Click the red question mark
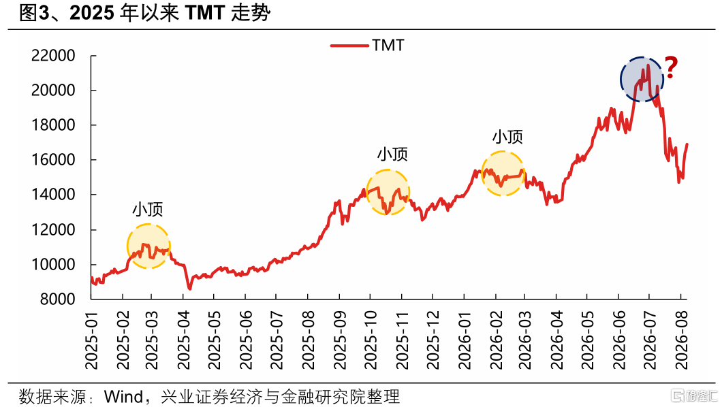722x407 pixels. (x=671, y=67)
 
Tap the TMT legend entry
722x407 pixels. (x=367, y=46)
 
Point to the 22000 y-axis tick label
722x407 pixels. (x=53, y=56)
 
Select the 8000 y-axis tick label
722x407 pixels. (x=58, y=299)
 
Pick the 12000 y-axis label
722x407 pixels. (x=53, y=229)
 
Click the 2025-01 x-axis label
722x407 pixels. (x=92, y=340)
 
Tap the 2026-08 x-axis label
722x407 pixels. (x=682, y=340)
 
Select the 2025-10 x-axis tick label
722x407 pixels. (x=371, y=340)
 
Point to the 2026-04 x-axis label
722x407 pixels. (x=556, y=340)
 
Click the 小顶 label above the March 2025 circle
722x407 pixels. (x=148, y=209)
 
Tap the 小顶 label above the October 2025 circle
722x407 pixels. (x=392, y=154)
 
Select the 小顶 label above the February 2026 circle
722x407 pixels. (x=507, y=137)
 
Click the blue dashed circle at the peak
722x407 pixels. (x=621, y=79)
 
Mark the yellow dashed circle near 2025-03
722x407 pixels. (x=127, y=246)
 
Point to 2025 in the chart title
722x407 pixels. (x=91, y=13)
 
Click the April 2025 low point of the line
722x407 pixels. (x=189, y=289)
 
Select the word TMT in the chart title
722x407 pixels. (x=206, y=13)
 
